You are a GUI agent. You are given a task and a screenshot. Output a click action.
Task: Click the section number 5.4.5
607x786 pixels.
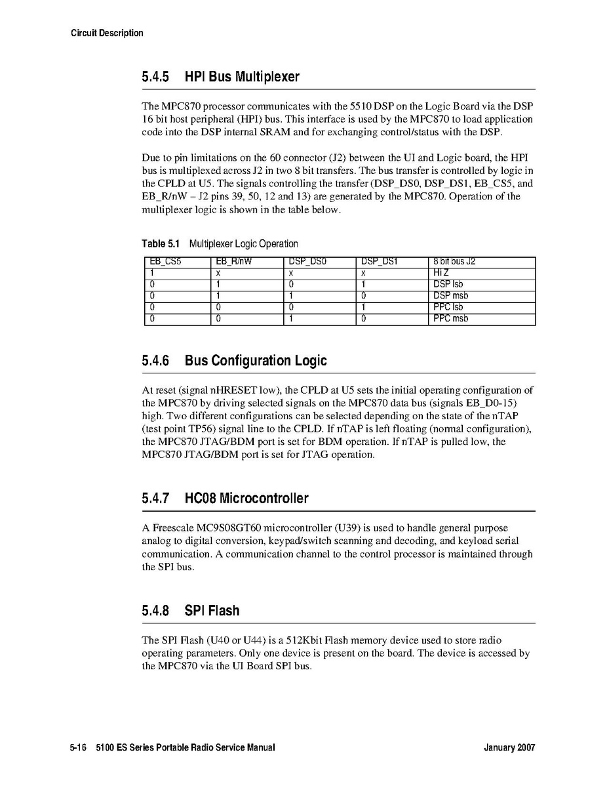click(155, 77)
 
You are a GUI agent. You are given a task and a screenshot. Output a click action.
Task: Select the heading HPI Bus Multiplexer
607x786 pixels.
click(242, 77)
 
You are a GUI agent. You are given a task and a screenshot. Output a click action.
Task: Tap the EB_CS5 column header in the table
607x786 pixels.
click(165, 262)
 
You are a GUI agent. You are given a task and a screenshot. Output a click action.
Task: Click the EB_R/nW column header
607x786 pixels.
click(233, 262)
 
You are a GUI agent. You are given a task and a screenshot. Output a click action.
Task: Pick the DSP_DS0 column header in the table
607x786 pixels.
click(308, 262)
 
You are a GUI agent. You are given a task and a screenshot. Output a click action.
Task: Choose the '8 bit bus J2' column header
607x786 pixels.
click(454, 262)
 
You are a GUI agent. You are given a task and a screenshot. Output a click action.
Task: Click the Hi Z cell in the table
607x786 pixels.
click(441, 273)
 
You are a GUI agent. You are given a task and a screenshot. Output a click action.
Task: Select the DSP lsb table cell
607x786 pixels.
click(448, 284)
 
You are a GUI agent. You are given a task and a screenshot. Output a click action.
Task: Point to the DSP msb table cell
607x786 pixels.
click(450, 296)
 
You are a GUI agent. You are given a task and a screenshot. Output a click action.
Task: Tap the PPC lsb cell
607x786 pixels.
click(448, 307)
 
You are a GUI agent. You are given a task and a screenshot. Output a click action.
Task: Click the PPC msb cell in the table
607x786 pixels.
click(450, 319)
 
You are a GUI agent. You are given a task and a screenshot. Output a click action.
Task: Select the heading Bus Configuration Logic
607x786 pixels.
click(256, 361)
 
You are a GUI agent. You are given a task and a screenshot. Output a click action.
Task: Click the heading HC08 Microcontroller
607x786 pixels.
click(246, 499)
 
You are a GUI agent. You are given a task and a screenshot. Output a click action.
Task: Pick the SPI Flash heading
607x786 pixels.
click(212, 611)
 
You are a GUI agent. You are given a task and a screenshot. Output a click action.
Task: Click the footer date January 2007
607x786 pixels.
click(509, 748)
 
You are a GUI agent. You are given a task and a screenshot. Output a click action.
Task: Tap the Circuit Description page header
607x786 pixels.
click(107, 33)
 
